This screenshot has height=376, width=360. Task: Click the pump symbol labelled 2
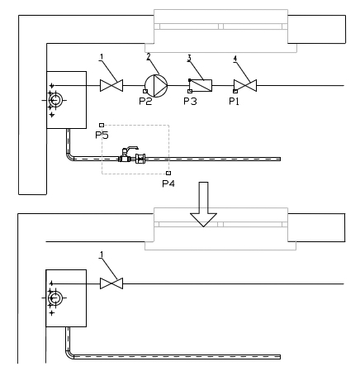click(x=156, y=86)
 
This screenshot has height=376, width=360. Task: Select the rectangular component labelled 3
click(x=201, y=85)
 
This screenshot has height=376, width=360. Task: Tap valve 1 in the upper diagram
click(x=111, y=85)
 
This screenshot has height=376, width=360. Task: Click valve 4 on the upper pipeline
click(x=245, y=85)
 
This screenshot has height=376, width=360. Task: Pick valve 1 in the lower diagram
click(x=111, y=283)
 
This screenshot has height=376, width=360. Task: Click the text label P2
click(x=145, y=102)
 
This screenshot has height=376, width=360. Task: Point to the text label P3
click(x=190, y=102)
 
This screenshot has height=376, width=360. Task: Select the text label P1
click(x=234, y=102)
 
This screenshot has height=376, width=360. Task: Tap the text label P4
click(x=168, y=183)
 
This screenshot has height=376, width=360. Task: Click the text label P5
click(x=102, y=135)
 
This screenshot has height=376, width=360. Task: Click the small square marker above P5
click(x=102, y=125)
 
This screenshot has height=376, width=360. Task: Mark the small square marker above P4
click(x=168, y=173)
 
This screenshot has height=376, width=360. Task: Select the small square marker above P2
click(x=145, y=91)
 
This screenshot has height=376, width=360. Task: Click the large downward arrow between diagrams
click(x=203, y=204)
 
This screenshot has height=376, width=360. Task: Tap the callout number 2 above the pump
click(x=149, y=56)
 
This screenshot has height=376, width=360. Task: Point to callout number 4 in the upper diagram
click(x=234, y=59)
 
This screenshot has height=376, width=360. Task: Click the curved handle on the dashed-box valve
click(x=132, y=149)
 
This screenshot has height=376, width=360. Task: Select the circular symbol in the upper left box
click(x=55, y=100)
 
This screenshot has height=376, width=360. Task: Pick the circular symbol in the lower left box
click(x=55, y=297)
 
